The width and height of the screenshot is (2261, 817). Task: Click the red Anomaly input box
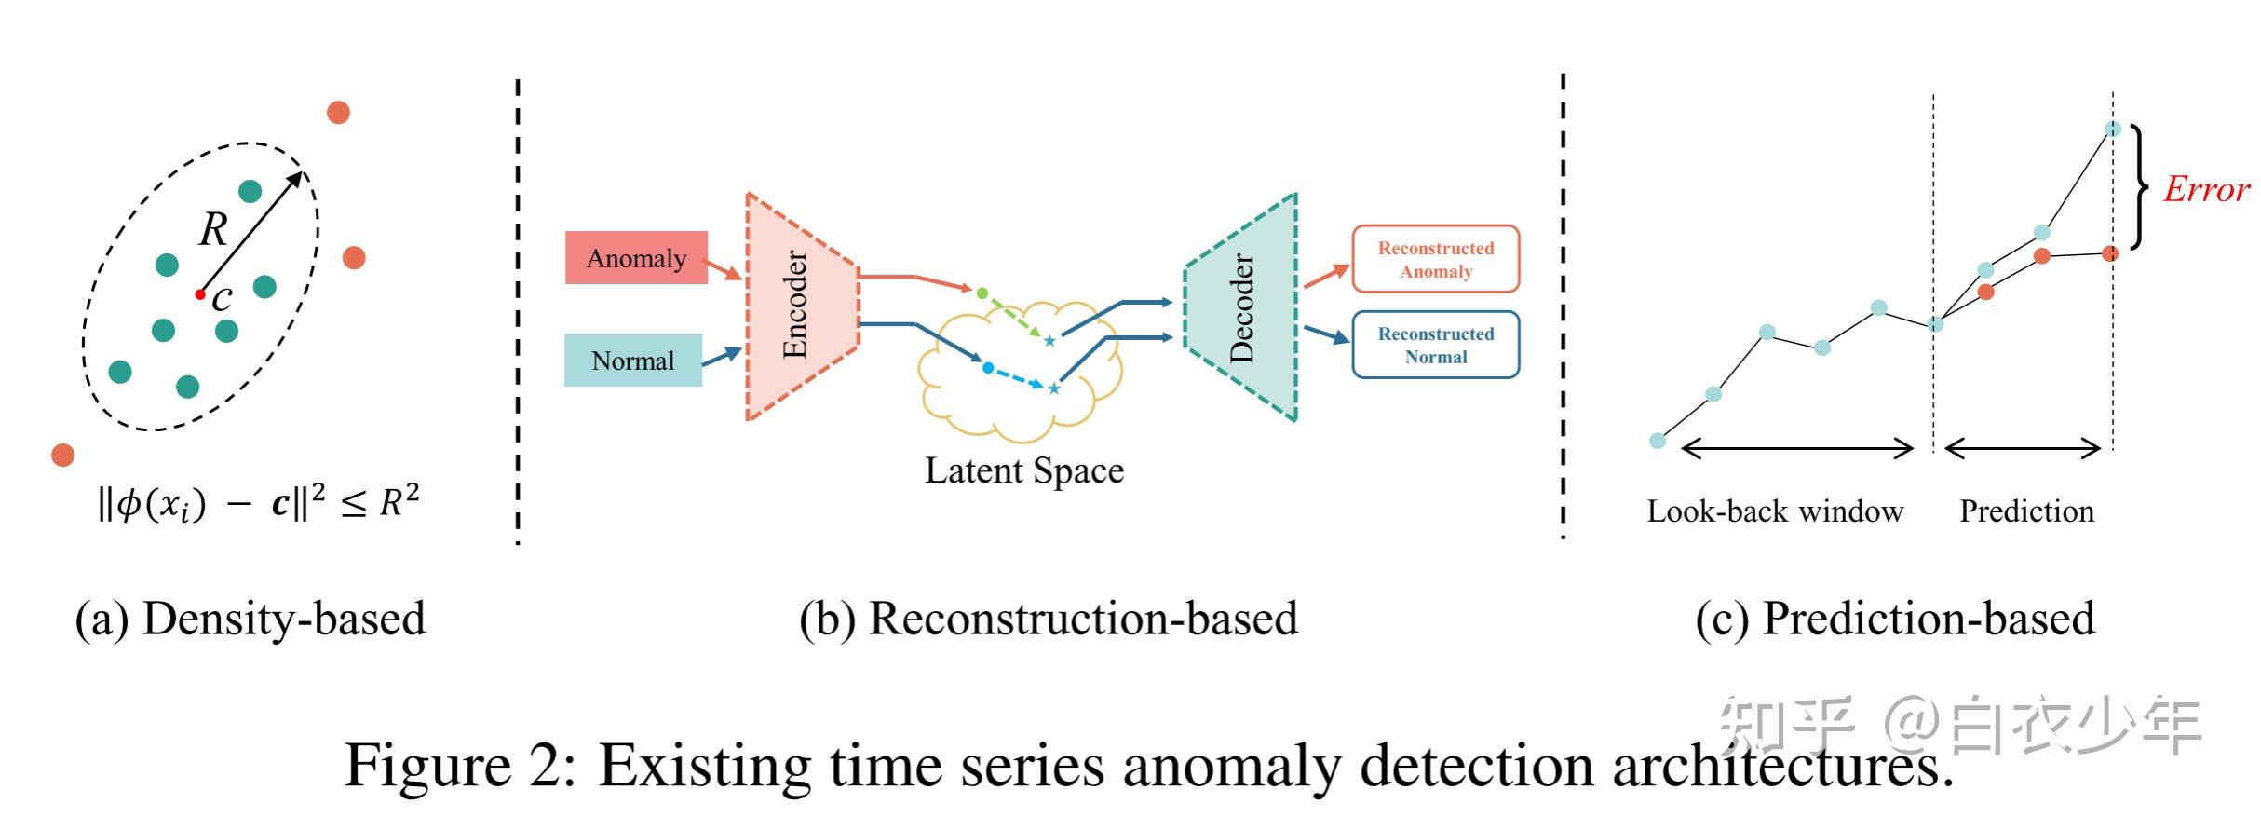tap(636, 258)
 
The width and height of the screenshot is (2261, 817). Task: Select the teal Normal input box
tap(633, 361)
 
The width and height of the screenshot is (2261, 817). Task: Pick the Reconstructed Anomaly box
tap(1435, 260)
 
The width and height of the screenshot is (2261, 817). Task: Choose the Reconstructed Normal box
tap(1435, 346)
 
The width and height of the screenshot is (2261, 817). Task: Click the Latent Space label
tap(1023, 470)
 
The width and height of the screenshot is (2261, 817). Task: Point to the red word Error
tap(2205, 189)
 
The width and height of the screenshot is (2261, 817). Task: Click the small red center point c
tap(199, 294)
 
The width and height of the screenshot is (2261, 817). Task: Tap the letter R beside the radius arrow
tap(213, 228)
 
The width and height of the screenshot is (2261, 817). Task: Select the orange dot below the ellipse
tap(62, 455)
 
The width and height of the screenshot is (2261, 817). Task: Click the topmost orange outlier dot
tap(338, 113)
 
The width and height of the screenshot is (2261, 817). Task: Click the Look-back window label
tap(1775, 511)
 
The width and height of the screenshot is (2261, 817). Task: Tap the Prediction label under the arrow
tap(2026, 511)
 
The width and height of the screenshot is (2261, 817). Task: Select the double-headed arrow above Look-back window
tap(1797, 450)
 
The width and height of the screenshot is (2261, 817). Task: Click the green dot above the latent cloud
tap(982, 293)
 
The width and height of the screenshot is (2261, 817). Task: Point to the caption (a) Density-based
tap(250, 620)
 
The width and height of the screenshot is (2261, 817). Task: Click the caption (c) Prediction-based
tap(1895, 620)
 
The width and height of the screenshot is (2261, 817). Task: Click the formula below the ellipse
tap(258, 504)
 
